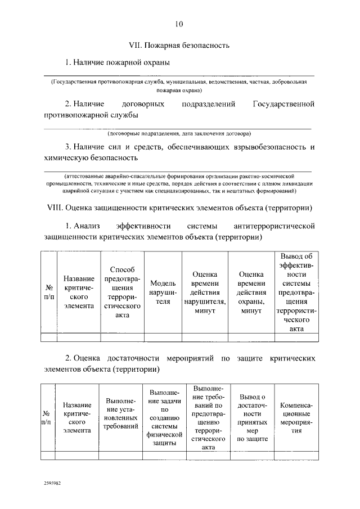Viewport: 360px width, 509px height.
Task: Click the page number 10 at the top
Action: click(179, 24)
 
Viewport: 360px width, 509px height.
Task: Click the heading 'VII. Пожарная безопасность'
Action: click(179, 44)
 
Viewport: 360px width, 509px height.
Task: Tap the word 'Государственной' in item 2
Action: click(283, 104)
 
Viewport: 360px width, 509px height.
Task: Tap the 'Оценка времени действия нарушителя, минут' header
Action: click(205, 291)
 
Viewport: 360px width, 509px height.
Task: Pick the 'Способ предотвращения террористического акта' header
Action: click(122, 291)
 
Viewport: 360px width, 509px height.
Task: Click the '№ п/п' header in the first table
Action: click(48, 291)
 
